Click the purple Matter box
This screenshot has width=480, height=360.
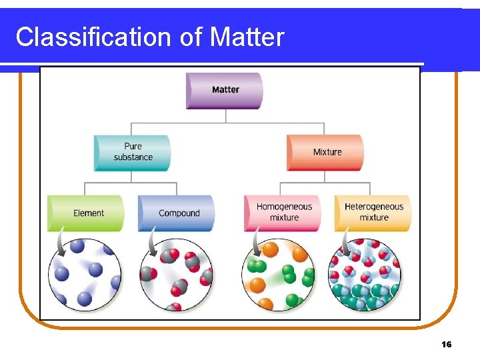(x=225, y=90)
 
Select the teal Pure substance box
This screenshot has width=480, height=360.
(x=132, y=152)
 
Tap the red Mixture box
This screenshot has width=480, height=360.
(x=325, y=152)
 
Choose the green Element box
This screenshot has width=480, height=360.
(x=86, y=213)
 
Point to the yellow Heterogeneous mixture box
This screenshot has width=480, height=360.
(x=373, y=213)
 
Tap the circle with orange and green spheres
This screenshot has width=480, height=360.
(x=280, y=275)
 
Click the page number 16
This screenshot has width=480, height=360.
(x=447, y=344)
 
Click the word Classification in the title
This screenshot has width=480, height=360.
(x=94, y=37)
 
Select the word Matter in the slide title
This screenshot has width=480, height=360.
(x=247, y=37)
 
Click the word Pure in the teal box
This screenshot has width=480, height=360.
(x=133, y=147)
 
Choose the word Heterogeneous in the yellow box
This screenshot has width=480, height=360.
(x=374, y=207)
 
